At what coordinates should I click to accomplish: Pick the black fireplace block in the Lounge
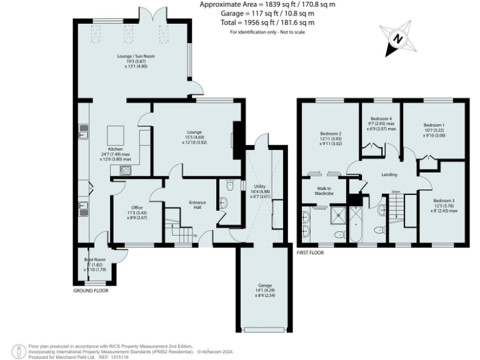[237, 134]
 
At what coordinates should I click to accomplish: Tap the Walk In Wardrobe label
[324, 191]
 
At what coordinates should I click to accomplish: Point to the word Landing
[389, 174]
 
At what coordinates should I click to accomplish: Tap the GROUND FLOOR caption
[91, 291]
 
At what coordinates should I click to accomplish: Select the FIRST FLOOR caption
[313, 253]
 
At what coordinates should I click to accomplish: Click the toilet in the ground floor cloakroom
[229, 186]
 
